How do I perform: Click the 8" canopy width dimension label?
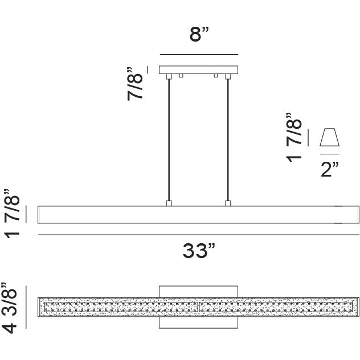199,34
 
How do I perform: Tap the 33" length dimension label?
199,251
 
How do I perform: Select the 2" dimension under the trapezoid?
330,169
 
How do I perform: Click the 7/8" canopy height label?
136,84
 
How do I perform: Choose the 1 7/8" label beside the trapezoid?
294,137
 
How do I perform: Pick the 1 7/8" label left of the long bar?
12,214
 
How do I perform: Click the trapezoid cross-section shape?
329,137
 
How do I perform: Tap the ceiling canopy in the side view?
198,70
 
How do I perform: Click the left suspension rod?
169,140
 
